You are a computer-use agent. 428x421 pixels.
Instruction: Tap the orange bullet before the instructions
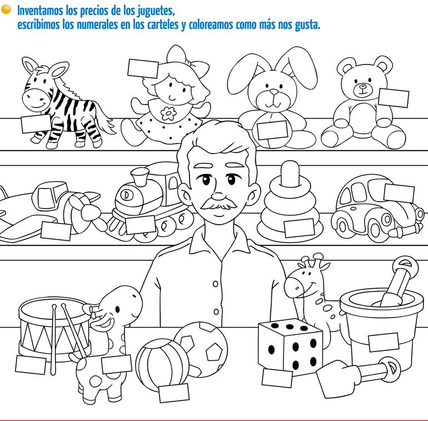pyautogui.click(x=6, y=9)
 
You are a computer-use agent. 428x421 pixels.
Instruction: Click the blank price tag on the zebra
pyautogui.click(x=36, y=123)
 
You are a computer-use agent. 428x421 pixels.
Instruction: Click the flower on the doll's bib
pyautogui.click(x=168, y=113)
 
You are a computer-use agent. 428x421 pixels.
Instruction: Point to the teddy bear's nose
pyautogui.click(x=363, y=87)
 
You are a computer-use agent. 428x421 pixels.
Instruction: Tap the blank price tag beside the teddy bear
pyautogui.click(x=394, y=98)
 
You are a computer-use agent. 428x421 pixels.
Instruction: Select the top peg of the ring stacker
pyautogui.click(x=290, y=173)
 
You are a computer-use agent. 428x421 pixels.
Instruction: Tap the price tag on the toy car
pyautogui.click(x=399, y=194)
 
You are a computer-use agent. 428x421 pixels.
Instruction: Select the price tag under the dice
pyautogui.click(x=277, y=378)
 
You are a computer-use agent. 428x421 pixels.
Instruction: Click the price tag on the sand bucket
pyautogui.click(x=384, y=342)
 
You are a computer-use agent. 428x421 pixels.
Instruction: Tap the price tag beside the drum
pyautogui.click(x=31, y=365)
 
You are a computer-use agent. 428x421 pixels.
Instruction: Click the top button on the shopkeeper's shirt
pyautogui.click(x=215, y=284)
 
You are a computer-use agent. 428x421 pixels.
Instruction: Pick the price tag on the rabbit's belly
pyautogui.click(x=272, y=130)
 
